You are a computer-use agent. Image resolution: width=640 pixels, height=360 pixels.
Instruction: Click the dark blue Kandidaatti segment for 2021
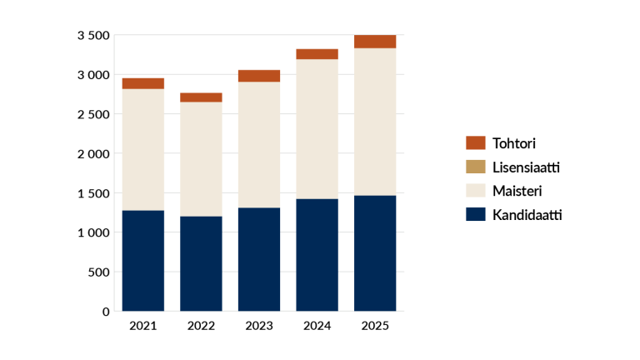tap(142, 261)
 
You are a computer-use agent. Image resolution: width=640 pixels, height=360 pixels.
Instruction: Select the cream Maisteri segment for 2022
tap(201, 159)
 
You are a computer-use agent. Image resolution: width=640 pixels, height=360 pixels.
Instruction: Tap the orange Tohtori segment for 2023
tap(259, 76)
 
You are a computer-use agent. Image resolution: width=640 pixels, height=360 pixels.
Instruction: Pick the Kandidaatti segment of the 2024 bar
tap(317, 255)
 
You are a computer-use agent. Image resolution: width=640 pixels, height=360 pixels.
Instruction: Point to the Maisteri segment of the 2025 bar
tap(375, 122)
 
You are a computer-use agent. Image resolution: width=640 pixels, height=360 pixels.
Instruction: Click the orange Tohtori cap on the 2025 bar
tap(375, 42)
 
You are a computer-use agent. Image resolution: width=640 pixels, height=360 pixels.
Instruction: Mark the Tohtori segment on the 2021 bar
tap(142, 83)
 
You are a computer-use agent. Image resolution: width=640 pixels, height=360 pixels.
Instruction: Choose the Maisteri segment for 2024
tap(317, 129)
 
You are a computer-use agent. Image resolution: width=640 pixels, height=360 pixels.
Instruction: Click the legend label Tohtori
tap(514, 143)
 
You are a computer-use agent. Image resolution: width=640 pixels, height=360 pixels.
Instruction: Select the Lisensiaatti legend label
tap(526, 167)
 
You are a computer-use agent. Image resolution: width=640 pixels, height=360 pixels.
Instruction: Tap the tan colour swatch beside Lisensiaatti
tap(475, 167)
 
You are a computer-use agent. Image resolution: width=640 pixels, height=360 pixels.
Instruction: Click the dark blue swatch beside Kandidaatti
tap(475, 214)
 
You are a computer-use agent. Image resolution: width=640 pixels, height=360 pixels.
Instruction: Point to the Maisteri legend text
tap(517, 191)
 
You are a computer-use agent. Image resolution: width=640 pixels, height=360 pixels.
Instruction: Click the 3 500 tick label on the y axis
tap(93, 35)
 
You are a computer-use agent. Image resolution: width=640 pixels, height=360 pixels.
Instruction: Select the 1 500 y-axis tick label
tap(93, 193)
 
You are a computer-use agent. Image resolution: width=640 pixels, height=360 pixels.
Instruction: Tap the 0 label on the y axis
tap(106, 312)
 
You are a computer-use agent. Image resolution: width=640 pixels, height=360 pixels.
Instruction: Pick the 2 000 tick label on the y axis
tap(93, 153)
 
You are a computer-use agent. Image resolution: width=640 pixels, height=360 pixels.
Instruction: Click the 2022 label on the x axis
tap(201, 326)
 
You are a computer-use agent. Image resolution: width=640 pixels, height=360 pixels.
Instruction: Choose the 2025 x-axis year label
tap(375, 326)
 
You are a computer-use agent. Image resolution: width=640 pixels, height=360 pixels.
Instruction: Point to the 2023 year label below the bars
tap(259, 326)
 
